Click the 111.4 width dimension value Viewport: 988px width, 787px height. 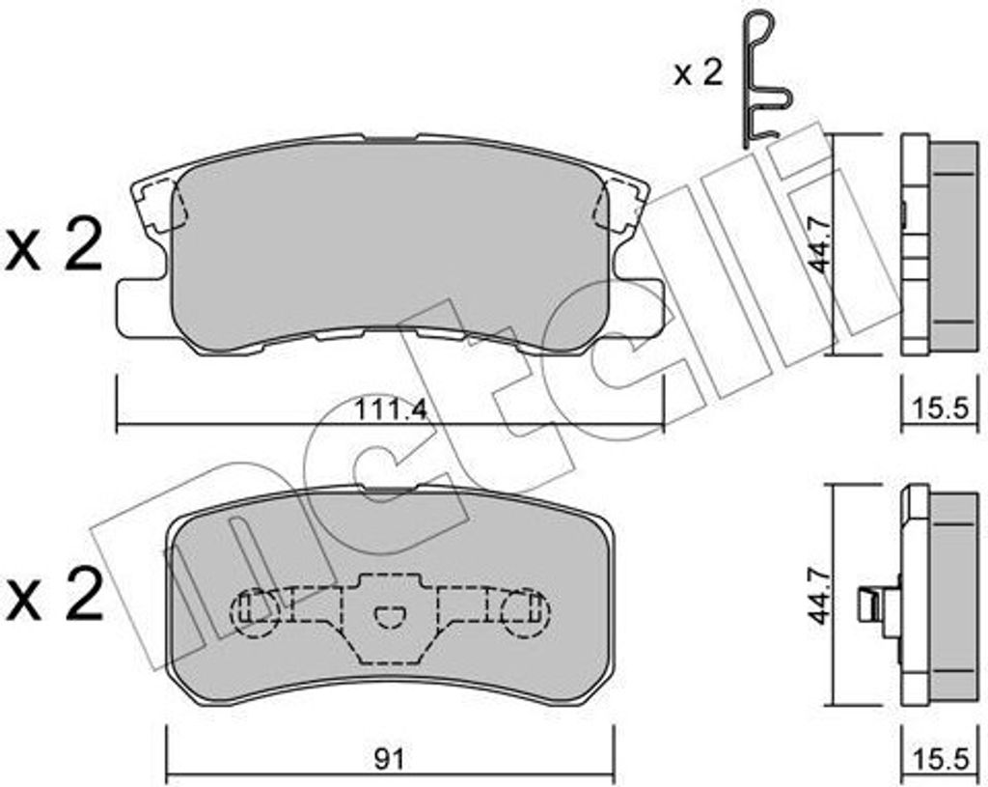(390, 409)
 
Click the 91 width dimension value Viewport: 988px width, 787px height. (390, 760)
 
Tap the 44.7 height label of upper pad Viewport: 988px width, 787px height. (818, 245)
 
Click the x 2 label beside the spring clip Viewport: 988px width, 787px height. (698, 74)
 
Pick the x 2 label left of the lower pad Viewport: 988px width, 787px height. (55, 596)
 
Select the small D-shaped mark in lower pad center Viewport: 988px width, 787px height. (390, 614)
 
